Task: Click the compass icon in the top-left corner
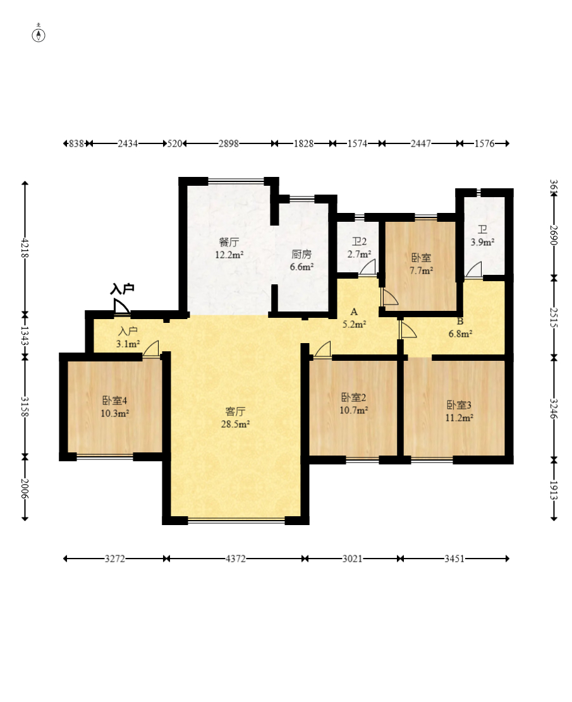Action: (x=39, y=34)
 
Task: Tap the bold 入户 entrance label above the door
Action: (x=122, y=289)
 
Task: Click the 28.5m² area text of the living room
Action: (x=235, y=423)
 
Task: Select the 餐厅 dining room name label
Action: (x=229, y=242)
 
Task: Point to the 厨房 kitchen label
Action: (x=301, y=254)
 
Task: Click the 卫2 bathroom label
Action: (x=359, y=242)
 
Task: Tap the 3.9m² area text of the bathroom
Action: (x=482, y=242)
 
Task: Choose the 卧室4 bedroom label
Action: (x=114, y=400)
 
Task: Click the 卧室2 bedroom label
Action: (x=354, y=397)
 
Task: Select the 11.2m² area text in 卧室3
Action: (x=459, y=418)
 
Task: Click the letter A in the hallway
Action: (x=354, y=312)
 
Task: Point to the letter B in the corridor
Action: (x=460, y=322)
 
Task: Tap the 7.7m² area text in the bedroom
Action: (x=421, y=270)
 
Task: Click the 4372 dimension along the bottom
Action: (x=236, y=559)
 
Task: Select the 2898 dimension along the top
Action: (x=228, y=143)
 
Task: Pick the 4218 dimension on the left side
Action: (x=25, y=247)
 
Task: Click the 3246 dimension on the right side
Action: (x=554, y=409)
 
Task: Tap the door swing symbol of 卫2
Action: (x=368, y=267)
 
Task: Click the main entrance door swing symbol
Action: (x=121, y=307)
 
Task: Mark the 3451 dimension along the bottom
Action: (x=454, y=559)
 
